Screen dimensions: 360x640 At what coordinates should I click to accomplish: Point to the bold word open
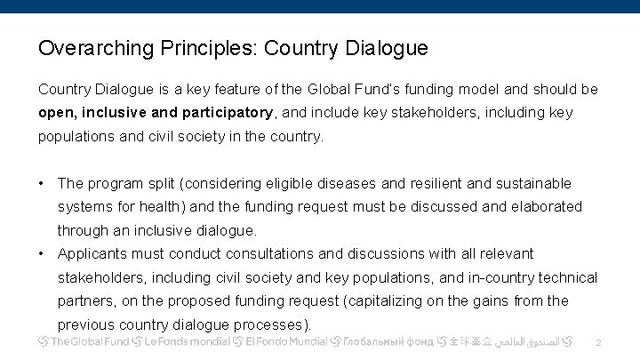tap(56, 113)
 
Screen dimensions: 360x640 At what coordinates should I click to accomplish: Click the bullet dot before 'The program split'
tap(42, 183)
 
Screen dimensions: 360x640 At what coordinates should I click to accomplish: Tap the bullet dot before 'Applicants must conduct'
tap(42, 253)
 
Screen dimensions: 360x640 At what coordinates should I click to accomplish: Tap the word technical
tap(564, 277)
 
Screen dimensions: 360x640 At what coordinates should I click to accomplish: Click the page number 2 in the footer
tap(598, 342)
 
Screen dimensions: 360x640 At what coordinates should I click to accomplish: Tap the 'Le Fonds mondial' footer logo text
tap(188, 341)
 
